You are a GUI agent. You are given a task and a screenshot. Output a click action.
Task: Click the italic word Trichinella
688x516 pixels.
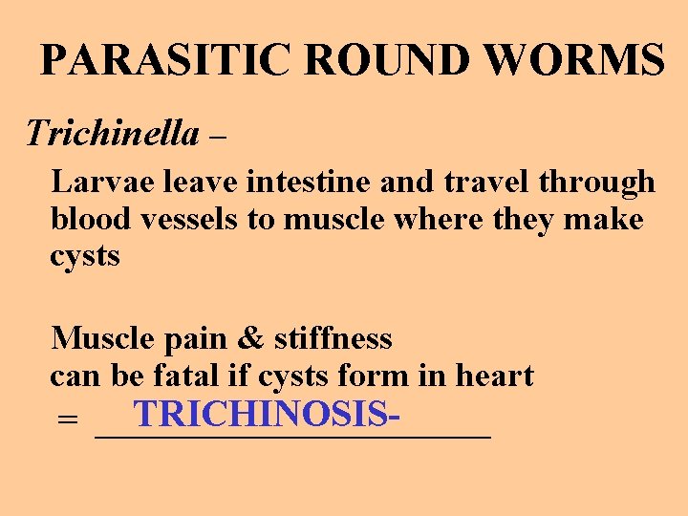click(x=113, y=133)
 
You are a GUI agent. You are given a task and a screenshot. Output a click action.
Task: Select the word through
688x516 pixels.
click(x=599, y=183)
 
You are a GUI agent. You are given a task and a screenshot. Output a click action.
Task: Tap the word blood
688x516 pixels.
click(x=92, y=219)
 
